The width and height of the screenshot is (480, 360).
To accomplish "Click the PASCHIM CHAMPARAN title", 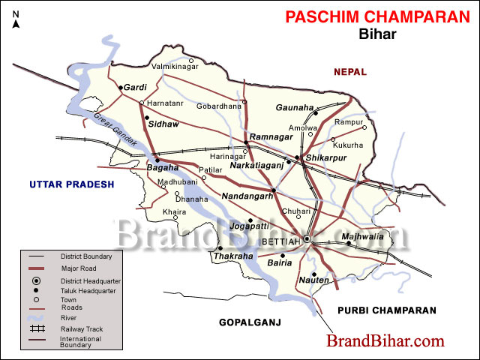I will click(377, 16).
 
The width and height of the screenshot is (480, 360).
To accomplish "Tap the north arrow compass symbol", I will click(16, 20).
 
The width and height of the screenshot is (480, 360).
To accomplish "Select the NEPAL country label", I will click(350, 72).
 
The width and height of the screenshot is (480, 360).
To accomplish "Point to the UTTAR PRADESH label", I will click(71, 184).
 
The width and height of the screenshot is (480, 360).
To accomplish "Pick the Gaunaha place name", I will click(293, 107).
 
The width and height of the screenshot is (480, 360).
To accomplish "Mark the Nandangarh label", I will click(246, 196).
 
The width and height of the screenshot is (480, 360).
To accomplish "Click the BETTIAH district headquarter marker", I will click(307, 239).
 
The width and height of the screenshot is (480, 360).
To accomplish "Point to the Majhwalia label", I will click(362, 237).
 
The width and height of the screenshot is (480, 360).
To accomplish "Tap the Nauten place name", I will click(315, 279).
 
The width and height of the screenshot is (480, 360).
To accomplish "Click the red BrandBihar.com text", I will click(385, 341).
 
